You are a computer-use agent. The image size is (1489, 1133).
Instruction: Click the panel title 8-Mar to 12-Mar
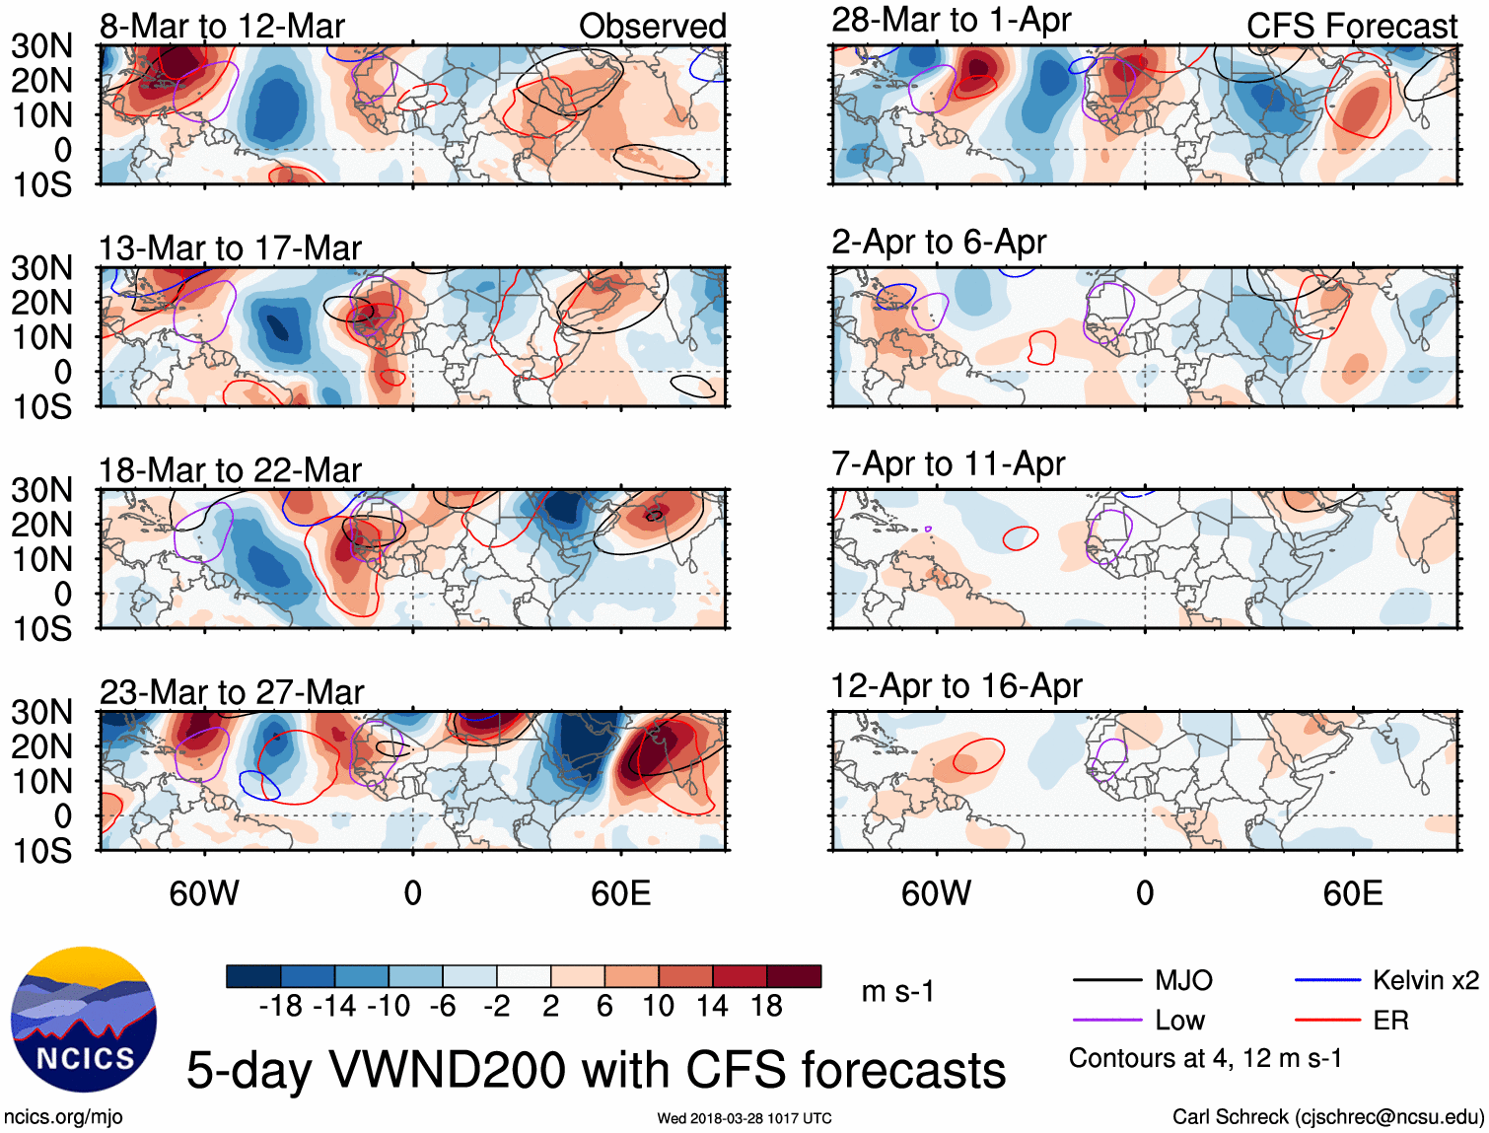click(x=222, y=27)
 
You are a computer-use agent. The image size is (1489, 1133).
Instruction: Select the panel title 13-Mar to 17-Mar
click(x=230, y=248)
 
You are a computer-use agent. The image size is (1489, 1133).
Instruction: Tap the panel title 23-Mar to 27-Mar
click(x=232, y=692)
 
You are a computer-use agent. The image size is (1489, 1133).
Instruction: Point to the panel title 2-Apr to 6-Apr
click(x=939, y=242)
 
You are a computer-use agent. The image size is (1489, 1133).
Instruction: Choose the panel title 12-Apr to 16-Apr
click(x=957, y=685)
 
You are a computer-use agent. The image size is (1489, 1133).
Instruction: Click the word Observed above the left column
click(x=653, y=27)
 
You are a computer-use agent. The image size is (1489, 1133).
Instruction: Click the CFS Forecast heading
click(x=1352, y=27)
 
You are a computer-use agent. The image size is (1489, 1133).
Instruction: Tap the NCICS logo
click(x=84, y=1020)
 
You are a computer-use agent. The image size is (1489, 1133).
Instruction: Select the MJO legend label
click(x=1183, y=980)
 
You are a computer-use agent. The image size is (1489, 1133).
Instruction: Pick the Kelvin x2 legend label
click(x=1426, y=980)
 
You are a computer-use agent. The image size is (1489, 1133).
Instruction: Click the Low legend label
click(x=1180, y=1021)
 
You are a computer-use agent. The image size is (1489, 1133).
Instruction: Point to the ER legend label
click(x=1390, y=1021)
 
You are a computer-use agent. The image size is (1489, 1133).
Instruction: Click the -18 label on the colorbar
click(x=280, y=1006)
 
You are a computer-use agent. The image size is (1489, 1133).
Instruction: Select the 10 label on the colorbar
click(x=658, y=1006)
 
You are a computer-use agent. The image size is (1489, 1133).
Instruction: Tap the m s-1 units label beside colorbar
click(x=897, y=992)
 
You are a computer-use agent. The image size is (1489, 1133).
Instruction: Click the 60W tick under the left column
click(x=204, y=893)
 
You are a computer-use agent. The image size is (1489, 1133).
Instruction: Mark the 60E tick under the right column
click(x=1353, y=893)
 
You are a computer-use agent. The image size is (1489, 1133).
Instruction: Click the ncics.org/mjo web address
click(x=63, y=1117)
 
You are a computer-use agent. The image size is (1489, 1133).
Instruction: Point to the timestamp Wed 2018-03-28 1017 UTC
click(x=744, y=1118)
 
